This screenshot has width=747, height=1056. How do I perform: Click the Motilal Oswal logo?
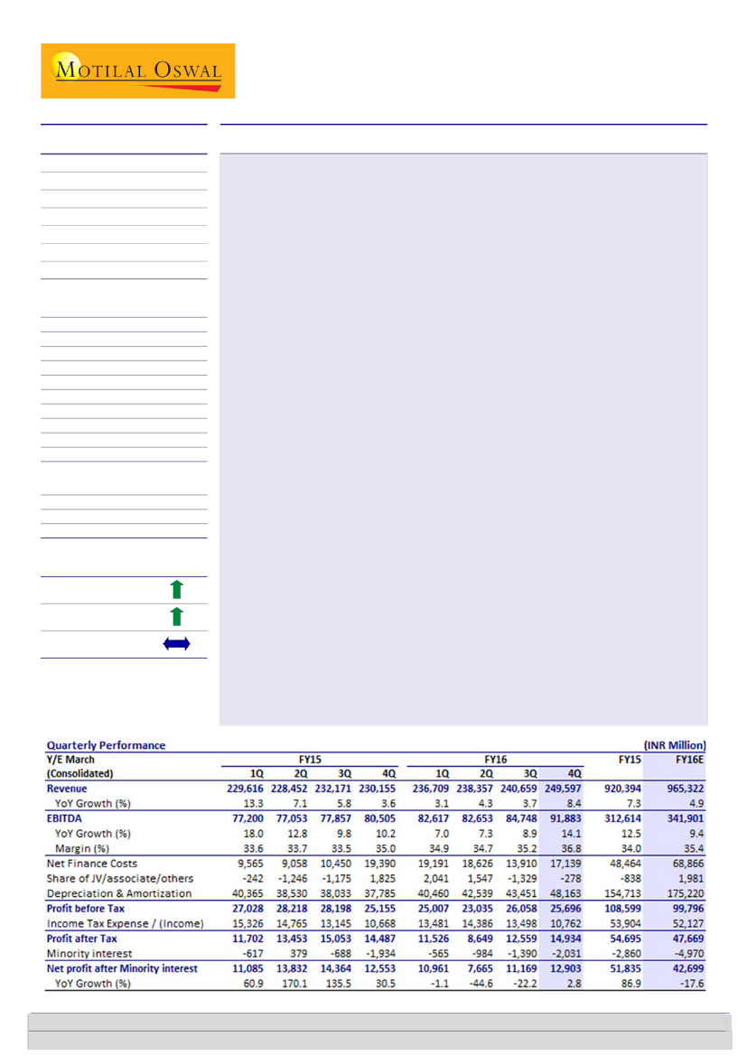[x=137, y=70]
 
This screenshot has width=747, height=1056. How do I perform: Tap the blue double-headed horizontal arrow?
[x=177, y=645]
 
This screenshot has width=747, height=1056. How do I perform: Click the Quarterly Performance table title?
[x=107, y=745]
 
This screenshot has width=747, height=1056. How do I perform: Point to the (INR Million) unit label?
[x=674, y=745]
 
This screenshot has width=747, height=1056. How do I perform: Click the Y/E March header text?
[x=70, y=760]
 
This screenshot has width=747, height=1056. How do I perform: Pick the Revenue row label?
[x=69, y=789]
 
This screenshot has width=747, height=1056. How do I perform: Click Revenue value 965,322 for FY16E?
[x=684, y=789]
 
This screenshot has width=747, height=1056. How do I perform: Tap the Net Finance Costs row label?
[x=92, y=864]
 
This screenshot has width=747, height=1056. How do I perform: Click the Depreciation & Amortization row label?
[x=119, y=893]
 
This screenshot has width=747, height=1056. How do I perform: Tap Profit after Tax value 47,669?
[x=684, y=938]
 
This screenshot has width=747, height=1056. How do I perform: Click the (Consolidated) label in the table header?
[x=81, y=773]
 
